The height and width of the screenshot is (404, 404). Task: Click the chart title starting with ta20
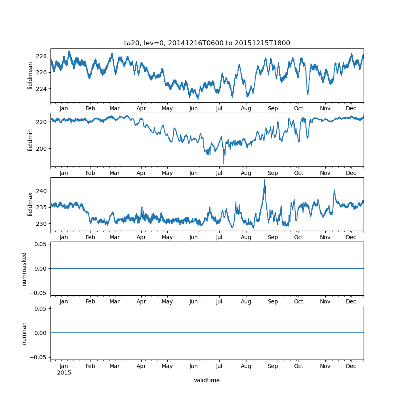tap(207, 43)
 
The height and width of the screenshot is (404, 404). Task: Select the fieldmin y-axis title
tap(30, 140)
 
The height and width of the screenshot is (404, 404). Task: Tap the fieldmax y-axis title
tap(30, 204)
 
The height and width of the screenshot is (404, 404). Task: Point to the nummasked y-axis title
tap(24, 269)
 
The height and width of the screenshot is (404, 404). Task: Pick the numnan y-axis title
tap(24, 333)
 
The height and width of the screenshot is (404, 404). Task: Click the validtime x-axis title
tap(207, 380)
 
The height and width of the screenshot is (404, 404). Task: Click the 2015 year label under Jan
tap(64, 372)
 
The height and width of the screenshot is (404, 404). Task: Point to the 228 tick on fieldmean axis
tap(42, 56)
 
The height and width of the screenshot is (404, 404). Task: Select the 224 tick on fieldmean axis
tap(42, 89)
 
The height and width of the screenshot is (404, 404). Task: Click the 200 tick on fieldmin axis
tap(42, 148)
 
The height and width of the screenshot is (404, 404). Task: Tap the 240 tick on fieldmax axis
tap(42, 191)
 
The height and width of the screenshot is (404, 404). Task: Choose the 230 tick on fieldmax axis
tap(42, 223)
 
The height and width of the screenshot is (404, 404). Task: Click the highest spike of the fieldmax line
tap(264, 180)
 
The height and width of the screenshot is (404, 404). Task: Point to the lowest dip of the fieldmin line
tap(224, 164)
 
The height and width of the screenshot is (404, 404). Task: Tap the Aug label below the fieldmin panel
tap(246, 173)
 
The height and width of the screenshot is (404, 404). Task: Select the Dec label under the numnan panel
tap(351, 366)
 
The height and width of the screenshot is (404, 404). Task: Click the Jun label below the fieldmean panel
tap(194, 109)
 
